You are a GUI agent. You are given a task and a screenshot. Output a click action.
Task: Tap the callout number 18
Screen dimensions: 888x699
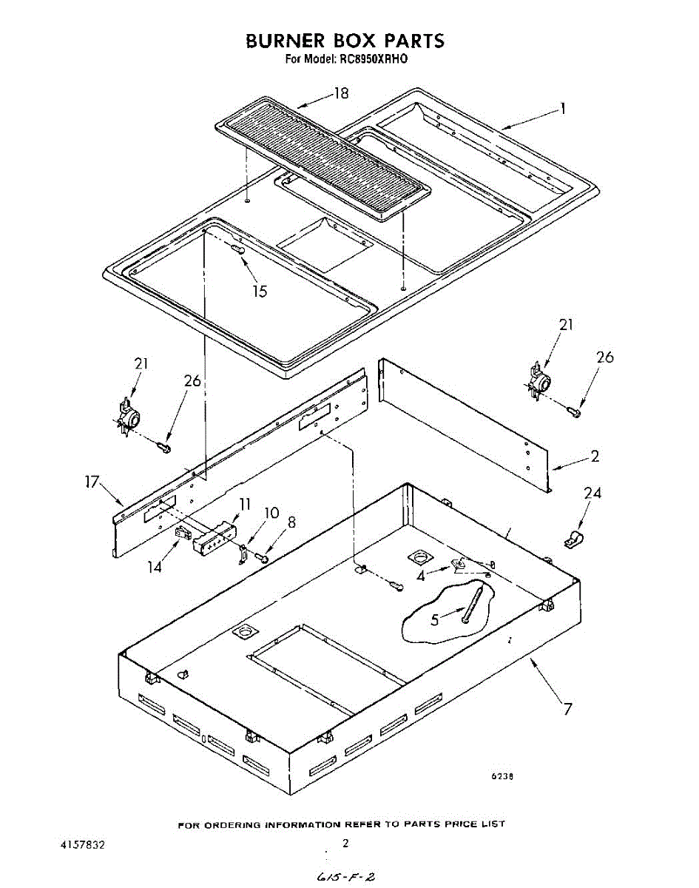coord(340,93)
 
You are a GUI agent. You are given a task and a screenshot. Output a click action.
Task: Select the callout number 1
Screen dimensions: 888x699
coord(563,109)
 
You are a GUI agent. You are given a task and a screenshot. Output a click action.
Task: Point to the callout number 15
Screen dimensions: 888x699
coord(259,291)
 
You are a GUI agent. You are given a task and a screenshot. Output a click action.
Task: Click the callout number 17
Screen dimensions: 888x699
coord(91,482)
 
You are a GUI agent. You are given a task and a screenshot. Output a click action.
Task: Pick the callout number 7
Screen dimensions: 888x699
coord(567,709)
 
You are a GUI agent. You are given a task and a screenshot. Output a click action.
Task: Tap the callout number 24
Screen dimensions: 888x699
coord(592,493)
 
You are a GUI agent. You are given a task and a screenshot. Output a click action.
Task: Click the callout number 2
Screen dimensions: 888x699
coord(595,457)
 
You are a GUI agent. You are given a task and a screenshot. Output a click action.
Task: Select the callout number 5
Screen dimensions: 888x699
coord(436,619)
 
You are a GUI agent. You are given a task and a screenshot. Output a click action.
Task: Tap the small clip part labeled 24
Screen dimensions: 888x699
coord(571,540)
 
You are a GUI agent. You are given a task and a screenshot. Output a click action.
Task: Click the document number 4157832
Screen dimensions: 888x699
coord(82,844)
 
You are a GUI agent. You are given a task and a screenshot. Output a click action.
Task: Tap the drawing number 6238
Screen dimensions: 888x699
coord(503,776)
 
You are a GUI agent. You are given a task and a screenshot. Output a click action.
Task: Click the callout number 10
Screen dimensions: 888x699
coord(271,512)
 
